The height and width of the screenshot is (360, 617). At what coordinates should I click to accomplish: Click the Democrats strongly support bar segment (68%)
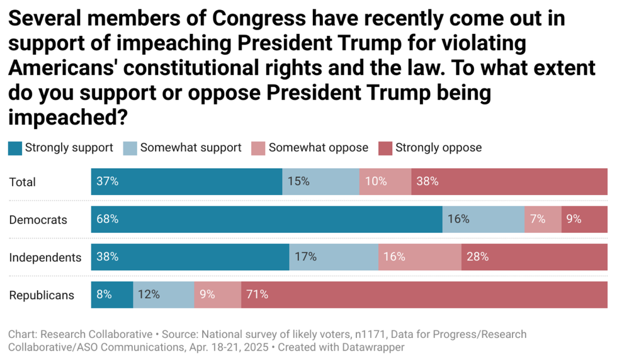pyautogui.click(x=266, y=219)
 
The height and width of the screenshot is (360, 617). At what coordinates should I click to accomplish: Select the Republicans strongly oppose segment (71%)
pyautogui.click(x=424, y=294)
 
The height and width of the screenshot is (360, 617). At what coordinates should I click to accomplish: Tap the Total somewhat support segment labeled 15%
pyautogui.click(x=320, y=181)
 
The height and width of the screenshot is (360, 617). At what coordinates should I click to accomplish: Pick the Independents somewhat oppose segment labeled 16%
pyautogui.click(x=419, y=257)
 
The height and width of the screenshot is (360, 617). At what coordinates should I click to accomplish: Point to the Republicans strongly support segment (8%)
pyautogui.click(x=112, y=294)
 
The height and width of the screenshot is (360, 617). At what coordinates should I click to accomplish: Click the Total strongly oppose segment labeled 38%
pyautogui.click(x=509, y=181)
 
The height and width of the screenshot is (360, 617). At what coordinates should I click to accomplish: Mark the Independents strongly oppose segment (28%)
pyautogui.click(x=534, y=257)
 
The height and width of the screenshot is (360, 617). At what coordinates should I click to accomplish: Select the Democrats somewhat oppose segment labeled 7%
pyautogui.click(x=543, y=219)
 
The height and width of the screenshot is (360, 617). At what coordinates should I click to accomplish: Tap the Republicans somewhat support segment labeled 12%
pyautogui.click(x=163, y=294)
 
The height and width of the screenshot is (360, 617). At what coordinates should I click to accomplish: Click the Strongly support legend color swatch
pyautogui.click(x=14, y=148)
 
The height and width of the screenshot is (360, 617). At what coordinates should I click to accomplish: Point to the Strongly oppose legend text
pyautogui.click(x=438, y=148)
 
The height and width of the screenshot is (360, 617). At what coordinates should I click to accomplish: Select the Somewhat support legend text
pyautogui.click(x=191, y=148)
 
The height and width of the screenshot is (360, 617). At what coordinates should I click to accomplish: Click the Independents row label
pyautogui.click(x=45, y=257)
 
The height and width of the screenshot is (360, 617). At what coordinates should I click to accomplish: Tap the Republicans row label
pyautogui.click(x=42, y=295)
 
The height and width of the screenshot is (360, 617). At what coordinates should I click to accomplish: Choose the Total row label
pyautogui.click(x=23, y=182)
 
